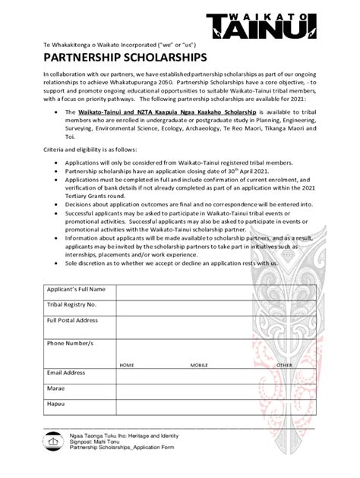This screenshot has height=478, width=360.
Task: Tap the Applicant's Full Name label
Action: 76,290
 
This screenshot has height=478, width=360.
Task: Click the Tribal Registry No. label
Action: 71,304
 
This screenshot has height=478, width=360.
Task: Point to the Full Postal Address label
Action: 73,320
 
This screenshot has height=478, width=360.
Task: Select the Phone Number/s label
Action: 70,343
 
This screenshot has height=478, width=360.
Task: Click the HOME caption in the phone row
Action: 127,365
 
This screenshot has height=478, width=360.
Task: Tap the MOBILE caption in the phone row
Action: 199,365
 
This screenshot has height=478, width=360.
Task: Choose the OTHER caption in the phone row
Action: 284,365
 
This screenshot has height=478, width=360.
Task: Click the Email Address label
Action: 66,373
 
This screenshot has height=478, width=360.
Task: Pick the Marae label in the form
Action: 56,388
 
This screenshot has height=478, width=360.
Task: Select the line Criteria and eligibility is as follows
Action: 90,150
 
